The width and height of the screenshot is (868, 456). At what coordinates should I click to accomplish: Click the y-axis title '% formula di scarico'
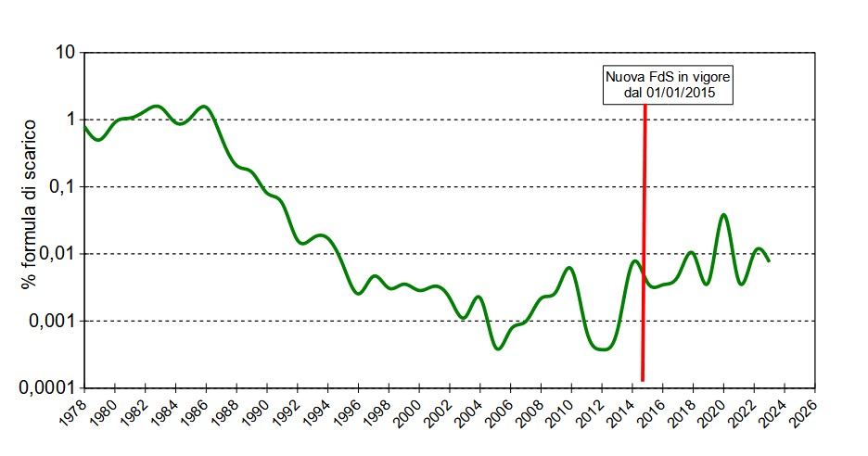29,203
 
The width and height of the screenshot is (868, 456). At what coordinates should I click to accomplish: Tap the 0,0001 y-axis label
44,388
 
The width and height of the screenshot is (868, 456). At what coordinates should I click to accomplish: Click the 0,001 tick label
50,322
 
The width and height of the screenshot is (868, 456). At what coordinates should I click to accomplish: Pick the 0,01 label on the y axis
54,254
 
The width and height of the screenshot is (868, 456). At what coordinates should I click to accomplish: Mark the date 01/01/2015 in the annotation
684,93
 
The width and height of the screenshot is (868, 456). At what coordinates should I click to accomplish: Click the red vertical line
644,241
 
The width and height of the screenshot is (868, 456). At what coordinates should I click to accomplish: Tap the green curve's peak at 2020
723,215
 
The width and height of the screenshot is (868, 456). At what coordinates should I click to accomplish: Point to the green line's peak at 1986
205,106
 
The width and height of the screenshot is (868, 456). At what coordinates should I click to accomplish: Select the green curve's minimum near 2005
498,349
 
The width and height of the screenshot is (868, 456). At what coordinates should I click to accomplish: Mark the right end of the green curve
769,261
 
